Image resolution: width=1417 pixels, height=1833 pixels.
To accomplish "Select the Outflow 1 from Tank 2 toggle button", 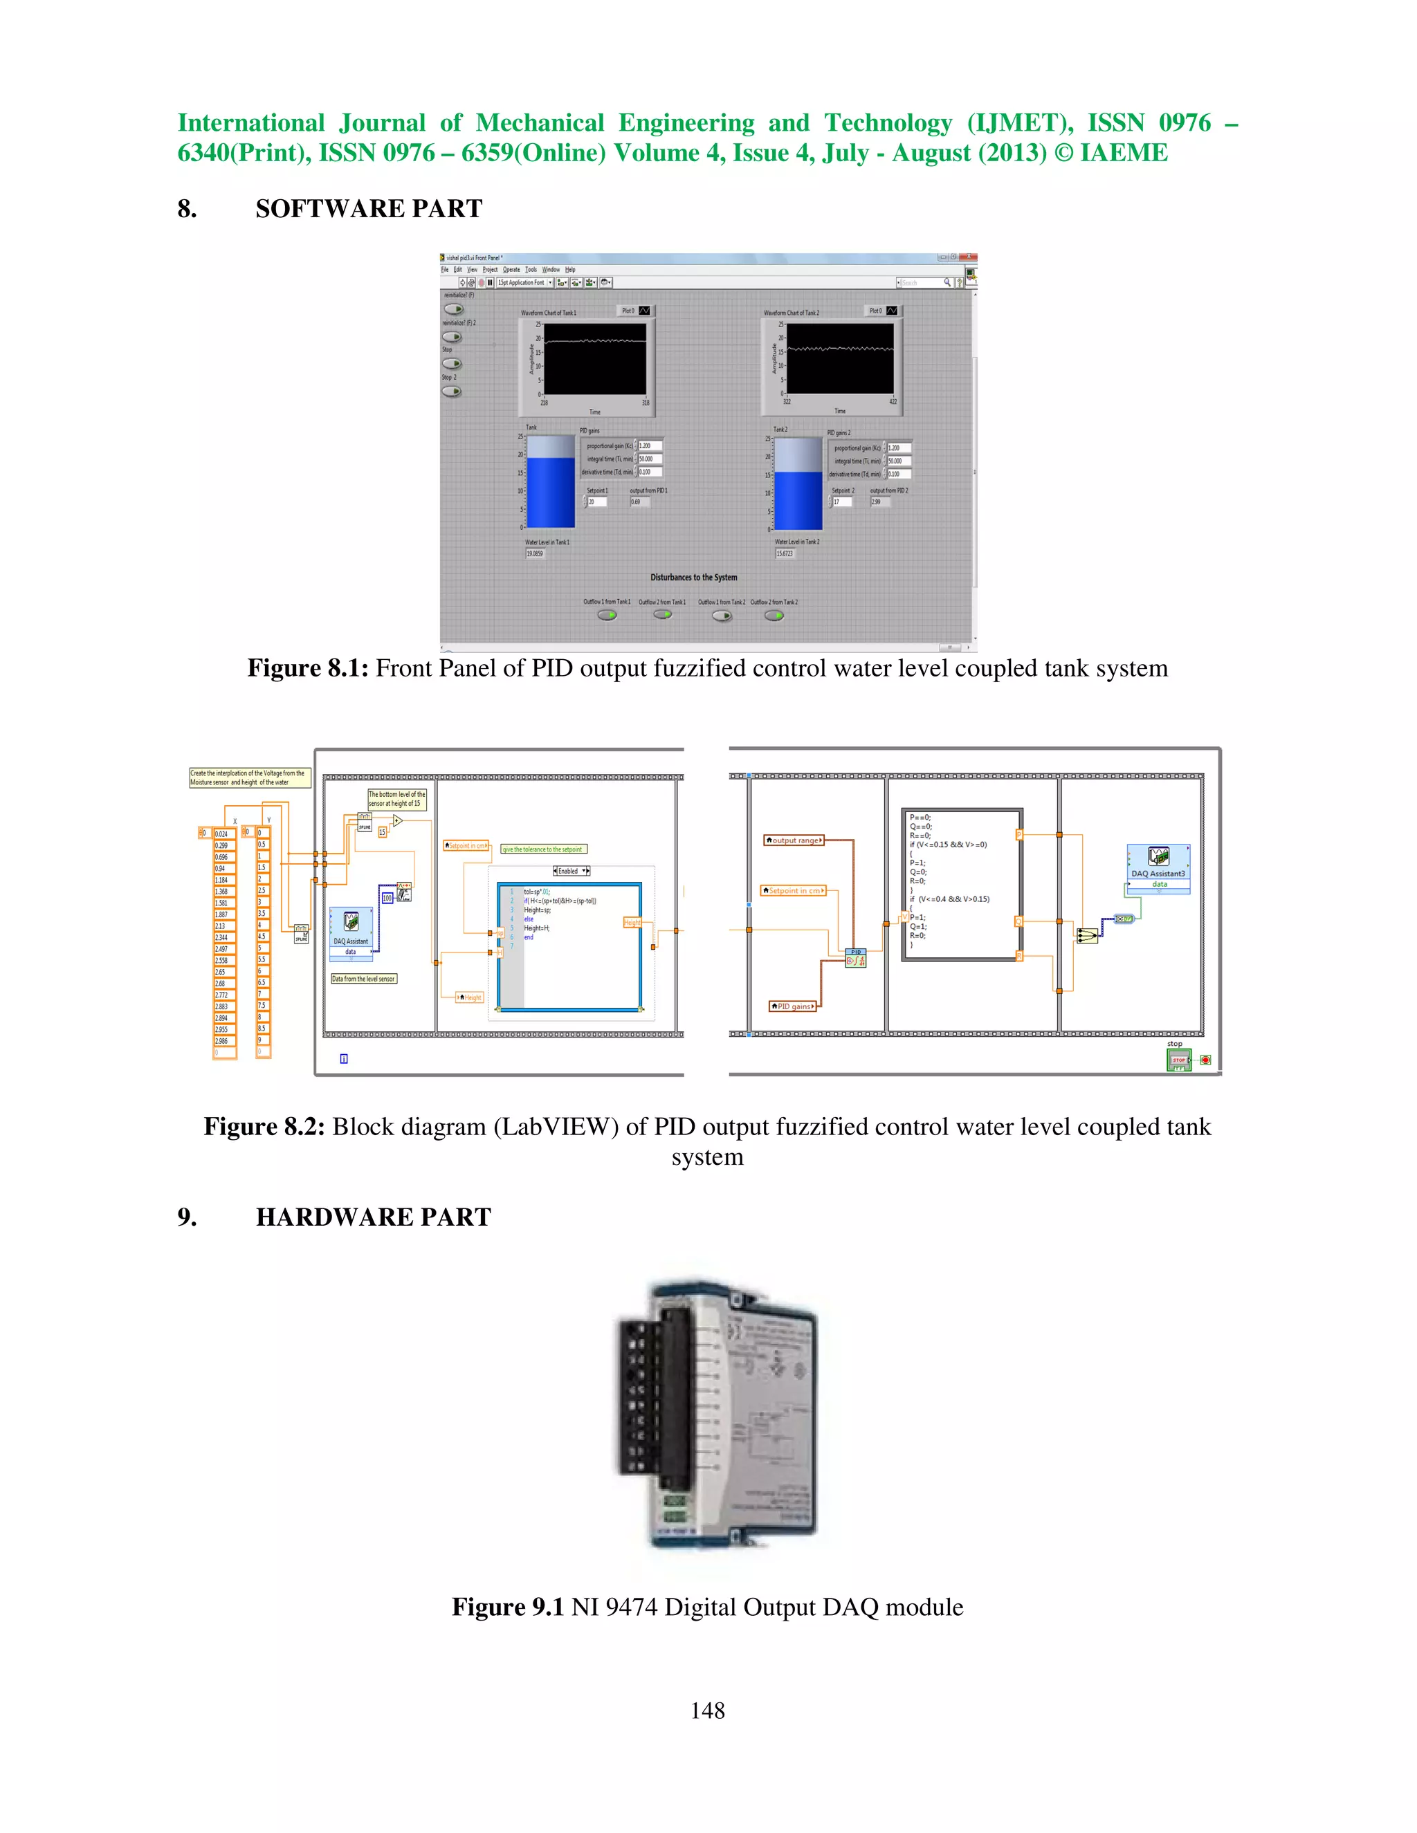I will coord(722,616).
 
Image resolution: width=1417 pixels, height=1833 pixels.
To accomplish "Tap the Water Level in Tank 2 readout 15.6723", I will coord(784,554).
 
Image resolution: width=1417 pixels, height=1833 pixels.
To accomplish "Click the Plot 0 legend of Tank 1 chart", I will coord(635,311).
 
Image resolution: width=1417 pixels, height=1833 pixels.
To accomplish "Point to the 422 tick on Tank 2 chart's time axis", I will coord(893,402).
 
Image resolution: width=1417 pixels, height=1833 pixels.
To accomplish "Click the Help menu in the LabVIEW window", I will coord(570,269).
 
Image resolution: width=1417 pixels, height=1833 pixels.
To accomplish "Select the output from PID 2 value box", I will coord(880,502).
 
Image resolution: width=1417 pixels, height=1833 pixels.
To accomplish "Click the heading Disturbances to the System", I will coord(693,578).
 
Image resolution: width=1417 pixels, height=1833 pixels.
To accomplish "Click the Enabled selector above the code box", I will coord(571,870).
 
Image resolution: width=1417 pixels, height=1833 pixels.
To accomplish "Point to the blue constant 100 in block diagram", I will coord(387,898).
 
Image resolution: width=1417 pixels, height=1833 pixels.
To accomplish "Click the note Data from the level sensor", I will coord(363,979).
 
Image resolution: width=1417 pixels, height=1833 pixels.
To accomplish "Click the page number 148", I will coord(707,1711).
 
